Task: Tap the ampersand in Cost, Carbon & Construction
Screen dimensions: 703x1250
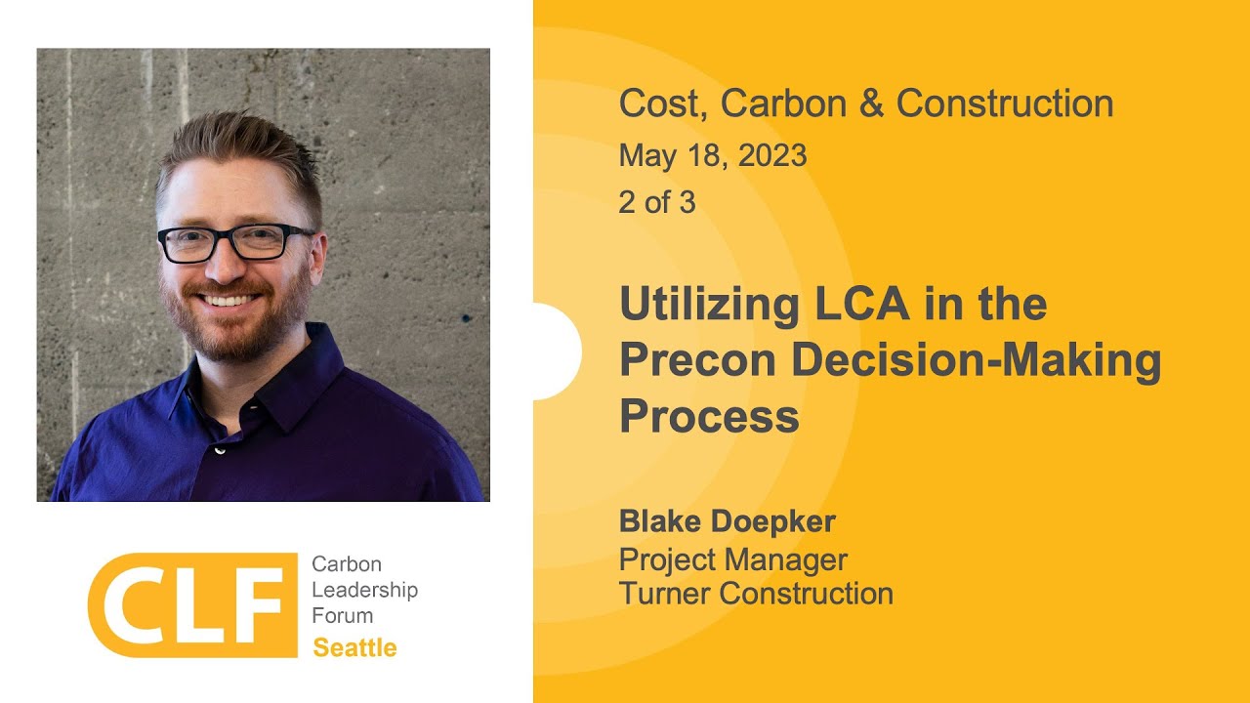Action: (870, 103)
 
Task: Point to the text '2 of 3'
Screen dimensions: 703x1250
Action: (657, 202)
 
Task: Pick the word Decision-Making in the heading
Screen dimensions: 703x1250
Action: (977, 360)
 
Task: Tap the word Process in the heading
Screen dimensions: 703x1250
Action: (709, 416)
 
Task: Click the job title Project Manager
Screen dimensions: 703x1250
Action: (732, 559)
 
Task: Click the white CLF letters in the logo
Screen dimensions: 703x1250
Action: (191, 604)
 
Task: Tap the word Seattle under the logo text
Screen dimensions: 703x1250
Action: (354, 648)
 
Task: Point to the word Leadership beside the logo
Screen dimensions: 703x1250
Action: (364, 590)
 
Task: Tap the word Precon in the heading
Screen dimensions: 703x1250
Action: (697, 360)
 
